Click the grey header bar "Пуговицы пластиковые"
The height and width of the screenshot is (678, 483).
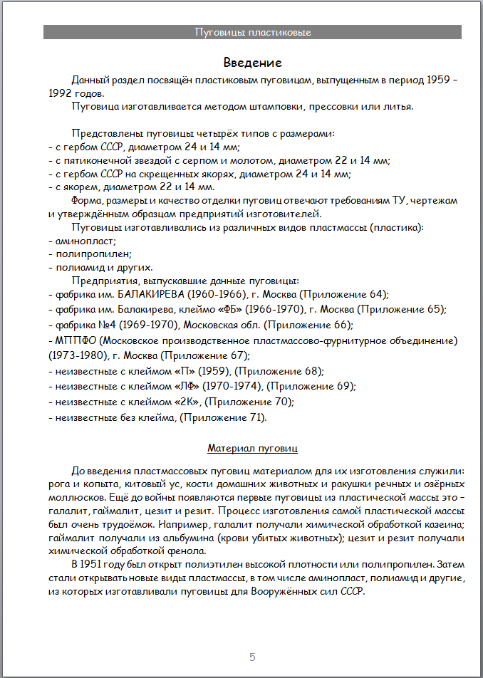click(252, 32)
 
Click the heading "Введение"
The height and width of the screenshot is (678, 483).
click(252, 63)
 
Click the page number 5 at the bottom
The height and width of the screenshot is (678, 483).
click(252, 656)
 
